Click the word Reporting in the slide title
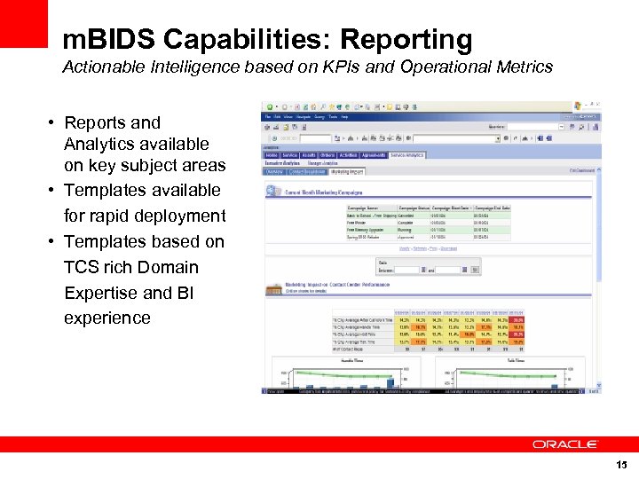406,40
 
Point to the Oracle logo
565,444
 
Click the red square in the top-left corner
23,23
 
